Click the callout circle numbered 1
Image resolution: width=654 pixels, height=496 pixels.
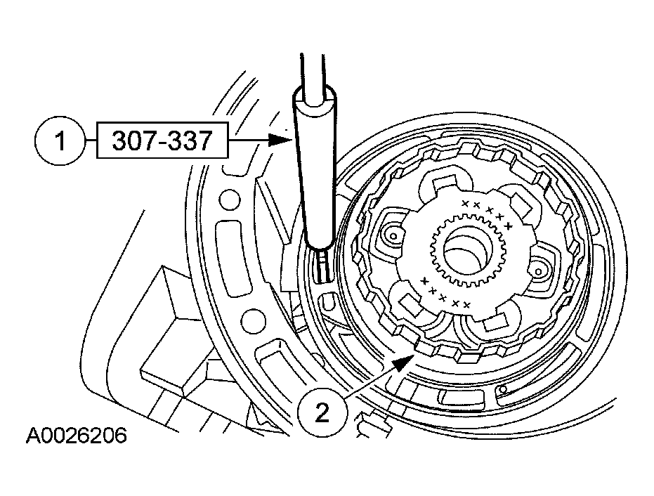click(x=60, y=141)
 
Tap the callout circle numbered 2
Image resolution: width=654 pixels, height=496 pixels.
click(x=322, y=413)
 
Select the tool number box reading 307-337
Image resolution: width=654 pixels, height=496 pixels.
click(x=162, y=141)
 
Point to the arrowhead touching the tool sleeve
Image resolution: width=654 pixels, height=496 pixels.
click(x=280, y=141)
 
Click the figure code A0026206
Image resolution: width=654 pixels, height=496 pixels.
click(x=77, y=436)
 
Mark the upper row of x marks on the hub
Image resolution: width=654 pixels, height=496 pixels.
click(x=487, y=212)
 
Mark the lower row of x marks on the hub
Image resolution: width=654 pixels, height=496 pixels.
click(x=444, y=293)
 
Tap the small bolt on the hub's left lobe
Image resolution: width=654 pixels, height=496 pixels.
click(x=393, y=237)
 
